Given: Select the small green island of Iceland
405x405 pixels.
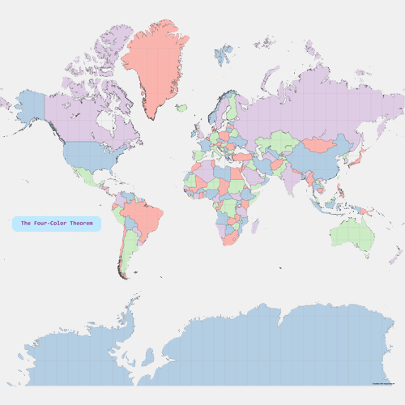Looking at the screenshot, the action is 181,108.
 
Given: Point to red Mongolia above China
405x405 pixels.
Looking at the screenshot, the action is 317,145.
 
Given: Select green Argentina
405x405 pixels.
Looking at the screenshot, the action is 128,251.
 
